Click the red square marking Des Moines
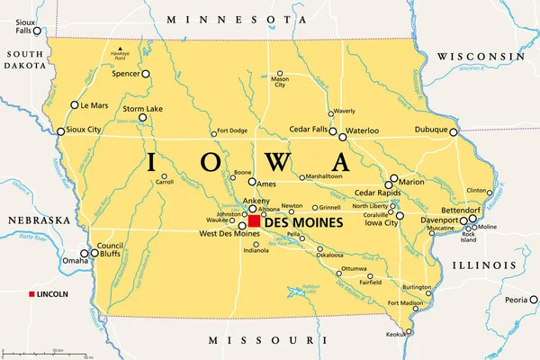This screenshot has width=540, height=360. pyautogui.click(x=255, y=220)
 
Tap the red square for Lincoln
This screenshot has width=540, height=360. pyautogui.click(x=32, y=295)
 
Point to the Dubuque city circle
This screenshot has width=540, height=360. pyautogui.click(x=454, y=131)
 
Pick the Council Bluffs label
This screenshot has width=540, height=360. pyautogui.click(x=111, y=250)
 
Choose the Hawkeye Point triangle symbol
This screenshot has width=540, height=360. pyautogui.click(x=119, y=48)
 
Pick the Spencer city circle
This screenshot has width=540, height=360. pyautogui.click(x=146, y=75)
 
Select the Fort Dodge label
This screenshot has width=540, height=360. pyautogui.click(x=231, y=131)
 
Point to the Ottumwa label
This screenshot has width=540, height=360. pyautogui.click(x=354, y=269)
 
